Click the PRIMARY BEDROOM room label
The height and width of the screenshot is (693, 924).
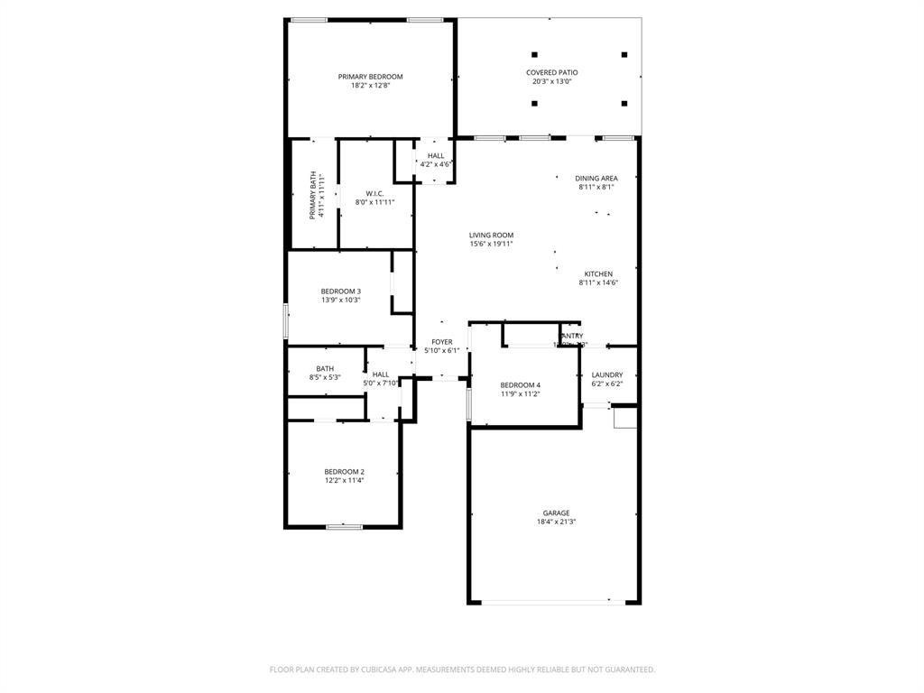(370, 77)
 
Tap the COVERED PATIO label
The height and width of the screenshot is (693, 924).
(552, 72)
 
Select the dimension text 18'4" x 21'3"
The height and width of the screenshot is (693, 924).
(556, 522)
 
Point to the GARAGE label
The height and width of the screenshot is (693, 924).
(556, 513)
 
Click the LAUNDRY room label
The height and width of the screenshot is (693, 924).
(607, 374)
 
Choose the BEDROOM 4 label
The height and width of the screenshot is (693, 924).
(521, 384)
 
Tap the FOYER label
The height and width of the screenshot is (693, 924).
(441, 342)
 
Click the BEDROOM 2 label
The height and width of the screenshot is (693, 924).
(344, 471)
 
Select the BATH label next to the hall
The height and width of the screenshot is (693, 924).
(325, 368)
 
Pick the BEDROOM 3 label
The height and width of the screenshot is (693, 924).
(340, 291)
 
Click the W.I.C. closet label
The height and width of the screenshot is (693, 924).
(374, 193)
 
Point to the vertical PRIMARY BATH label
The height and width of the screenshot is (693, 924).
(314, 194)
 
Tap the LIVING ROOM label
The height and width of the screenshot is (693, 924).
(491, 235)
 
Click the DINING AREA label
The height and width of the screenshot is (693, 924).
(596, 178)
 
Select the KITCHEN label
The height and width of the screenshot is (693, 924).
(598, 273)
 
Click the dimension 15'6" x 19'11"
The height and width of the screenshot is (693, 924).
(491, 244)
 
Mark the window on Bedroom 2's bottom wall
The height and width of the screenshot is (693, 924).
(344, 526)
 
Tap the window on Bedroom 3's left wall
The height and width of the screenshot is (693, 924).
(286, 321)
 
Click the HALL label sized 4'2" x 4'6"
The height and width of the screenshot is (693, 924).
(436, 155)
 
